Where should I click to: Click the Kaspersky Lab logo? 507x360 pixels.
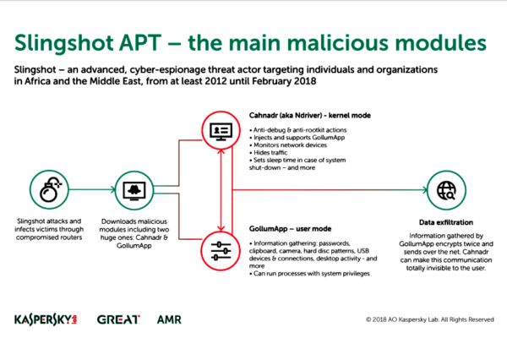point(49,320)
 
